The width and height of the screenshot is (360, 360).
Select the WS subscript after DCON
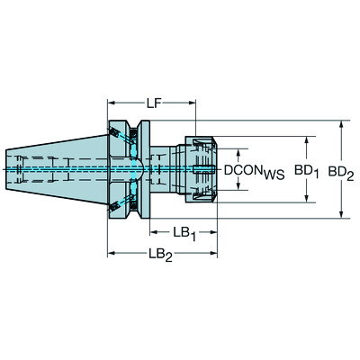click(x=274, y=173)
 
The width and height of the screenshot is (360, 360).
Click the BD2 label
click(x=342, y=169)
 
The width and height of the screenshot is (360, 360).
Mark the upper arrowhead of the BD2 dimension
click(x=341, y=123)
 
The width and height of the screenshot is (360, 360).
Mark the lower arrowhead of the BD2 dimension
click(x=341, y=213)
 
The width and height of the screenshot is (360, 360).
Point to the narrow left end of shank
click(x=20, y=168)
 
